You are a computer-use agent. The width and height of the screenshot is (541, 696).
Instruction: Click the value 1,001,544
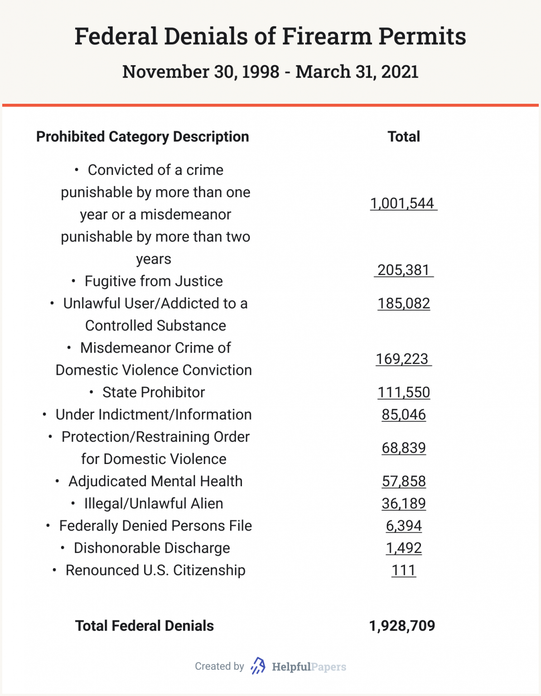pyautogui.click(x=403, y=203)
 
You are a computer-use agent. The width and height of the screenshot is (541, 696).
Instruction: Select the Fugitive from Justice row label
pyautogui.click(x=153, y=281)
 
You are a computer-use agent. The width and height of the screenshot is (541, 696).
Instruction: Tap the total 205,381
pyautogui.click(x=403, y=270)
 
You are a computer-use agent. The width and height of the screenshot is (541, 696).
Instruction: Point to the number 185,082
pyautogui.click(x=403, y=303)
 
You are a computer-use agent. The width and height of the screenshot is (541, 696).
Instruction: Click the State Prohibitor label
pyautogui.click(x=153, y=392)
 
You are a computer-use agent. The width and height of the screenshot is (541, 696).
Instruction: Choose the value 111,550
pyautogui.click(x=403, y=392)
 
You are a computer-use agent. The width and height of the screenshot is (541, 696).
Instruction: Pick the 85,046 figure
pyautogui.click(x=403, y=414)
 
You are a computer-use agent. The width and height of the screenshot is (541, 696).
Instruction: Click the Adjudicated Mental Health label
pyautogui.click(x=155, y=481)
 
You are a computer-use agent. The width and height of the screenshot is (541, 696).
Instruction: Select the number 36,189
pyautogui.click(x=403, y=503)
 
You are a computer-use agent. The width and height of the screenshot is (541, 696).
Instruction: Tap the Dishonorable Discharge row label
pyautogui.click(x=151, y=548)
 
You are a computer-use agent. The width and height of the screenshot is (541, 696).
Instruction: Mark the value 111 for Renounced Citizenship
pyautogui.click(x=403, y=570)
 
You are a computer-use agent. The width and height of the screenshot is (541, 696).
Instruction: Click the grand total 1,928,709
pyautogui.click(x=402, y=626)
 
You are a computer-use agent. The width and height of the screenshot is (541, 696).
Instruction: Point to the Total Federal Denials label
pyautogui.click(x=144, y=626)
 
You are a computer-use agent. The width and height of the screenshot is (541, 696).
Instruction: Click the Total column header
pyautogui.click(x=403, y=136)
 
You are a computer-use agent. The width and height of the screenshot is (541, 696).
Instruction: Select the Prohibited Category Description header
pyautogui.click(x=142, y=136)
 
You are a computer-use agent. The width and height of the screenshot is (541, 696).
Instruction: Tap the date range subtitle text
pyautogui.click(x=270, y=72)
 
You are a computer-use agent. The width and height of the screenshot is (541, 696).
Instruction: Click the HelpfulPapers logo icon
pyautogui.click(x=258, y=666)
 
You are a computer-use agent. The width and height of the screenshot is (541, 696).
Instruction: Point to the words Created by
pyautogui.click(x=219, y=666)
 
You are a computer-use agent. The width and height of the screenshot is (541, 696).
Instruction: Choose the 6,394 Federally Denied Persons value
pyautogui.click(x=403, y=526)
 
